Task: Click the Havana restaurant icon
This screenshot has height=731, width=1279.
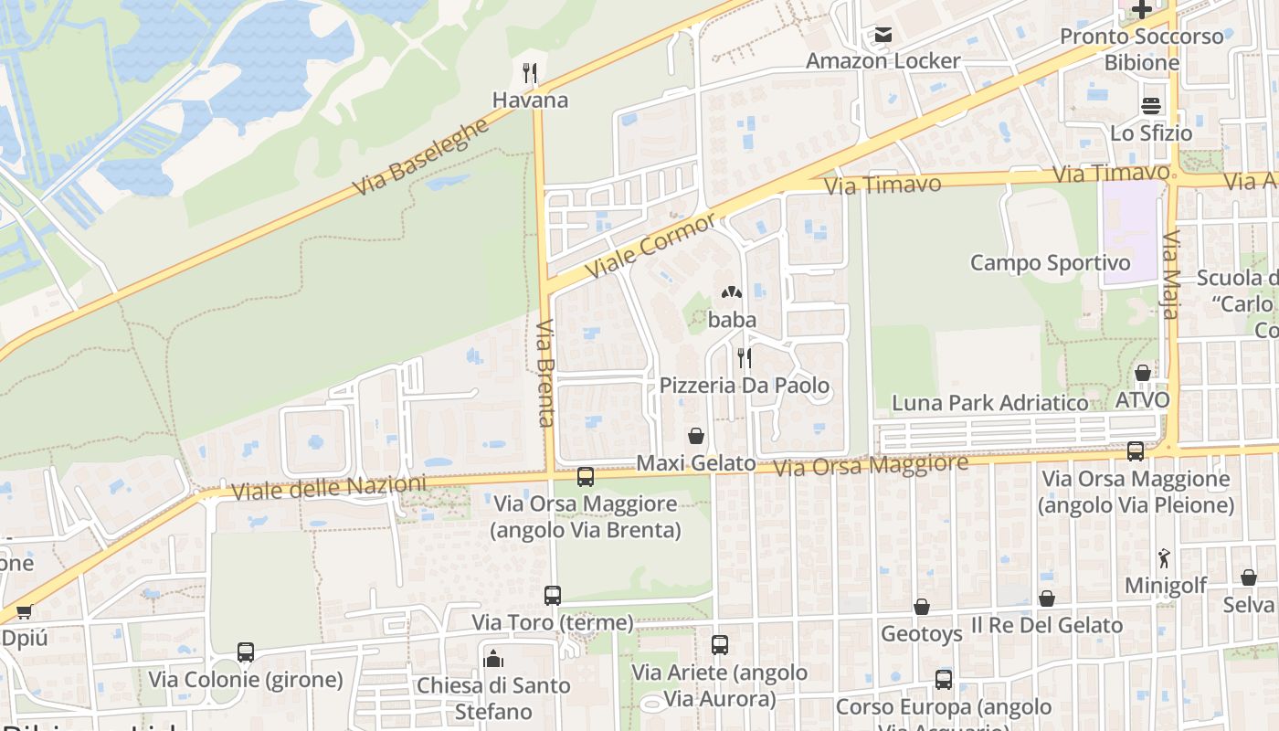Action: pyautogui.click(x=529, y=72)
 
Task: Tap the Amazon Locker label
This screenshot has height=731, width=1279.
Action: pyautogui.click(x=883, y=61)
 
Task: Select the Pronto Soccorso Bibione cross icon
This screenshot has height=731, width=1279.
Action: pyautogui.click(x=1141, y=10)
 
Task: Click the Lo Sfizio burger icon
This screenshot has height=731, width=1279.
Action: pyautogui.click(x=1150, y=105)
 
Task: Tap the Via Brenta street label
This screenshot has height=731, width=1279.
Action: pyautogui.click(x=546, y=373)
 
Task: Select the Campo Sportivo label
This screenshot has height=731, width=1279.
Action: pyautogui.click(x=1050, y=263)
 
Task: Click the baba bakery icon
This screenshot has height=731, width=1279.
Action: pyautogui.click(x=731, y=292)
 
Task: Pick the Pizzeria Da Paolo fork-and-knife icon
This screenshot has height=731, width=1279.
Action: pyautogui.click(x=745, y=357)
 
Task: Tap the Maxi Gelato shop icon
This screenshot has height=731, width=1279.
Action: pyautogui.click(x=696, y=436)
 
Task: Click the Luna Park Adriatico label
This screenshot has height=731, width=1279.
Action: pyautogui.click(x=989, y=403)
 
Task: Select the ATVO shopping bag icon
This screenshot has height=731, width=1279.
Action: pyautogui.click(x=1142, y=373)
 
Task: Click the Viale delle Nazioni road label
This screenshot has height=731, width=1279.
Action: pyautogui.click(x=329, y=488)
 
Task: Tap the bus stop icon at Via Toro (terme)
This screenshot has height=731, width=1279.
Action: pyautogui.click(x=553, y=596)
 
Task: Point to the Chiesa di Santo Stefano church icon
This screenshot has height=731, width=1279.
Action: pyautogui.click(x=493, y=658)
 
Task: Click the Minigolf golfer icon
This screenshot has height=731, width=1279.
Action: pyautogui.click(x=1164, y=557)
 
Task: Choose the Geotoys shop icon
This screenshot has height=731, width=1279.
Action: pyautogui.click(x=922, y=607)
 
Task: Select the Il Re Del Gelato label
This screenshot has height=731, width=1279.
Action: pyautogui.click(x=1046, y=626)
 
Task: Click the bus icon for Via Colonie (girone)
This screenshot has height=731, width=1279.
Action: pyautogui.click(x=246, y=652)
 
